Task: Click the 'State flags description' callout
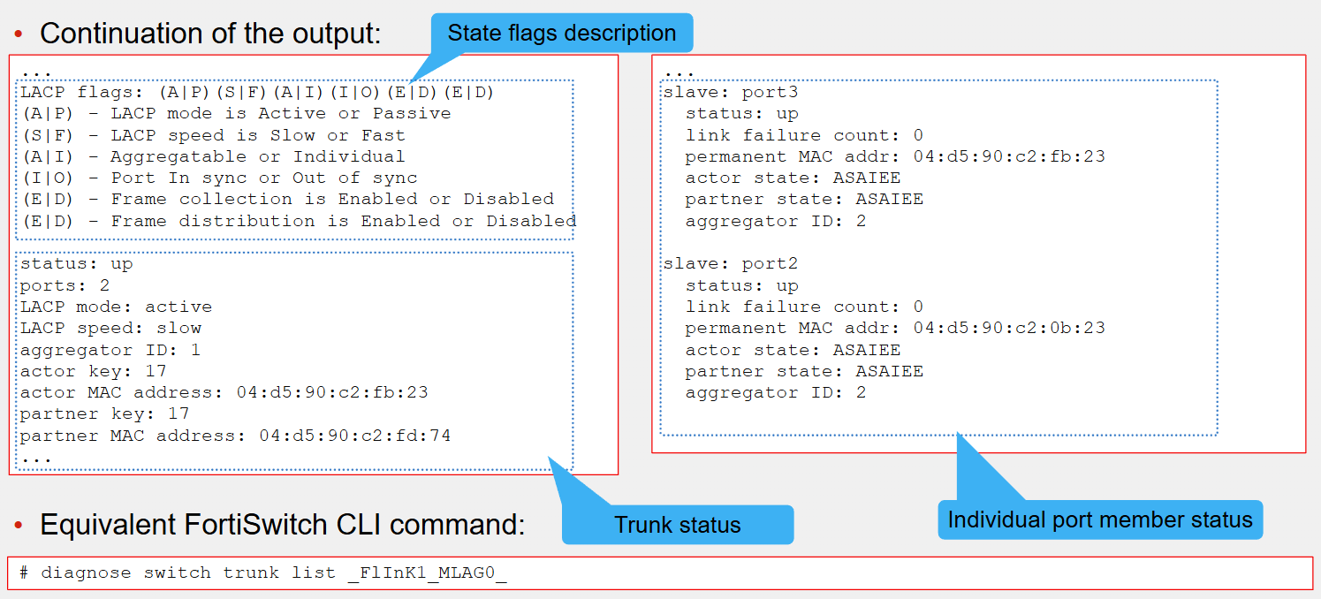click(562, 33)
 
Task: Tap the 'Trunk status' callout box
click(678, 524)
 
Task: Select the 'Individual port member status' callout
click(1100, 520)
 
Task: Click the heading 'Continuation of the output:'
click(210, 34)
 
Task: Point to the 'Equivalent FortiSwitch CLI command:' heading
click(283, 524)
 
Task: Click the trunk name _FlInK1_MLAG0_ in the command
click(427, 573)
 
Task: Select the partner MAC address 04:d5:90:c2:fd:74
click(355, 436)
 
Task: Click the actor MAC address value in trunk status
click(332, 392)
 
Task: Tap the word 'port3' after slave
click(770, 93)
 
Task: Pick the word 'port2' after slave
click(770, 264)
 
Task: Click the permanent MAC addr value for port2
click(1009, 328)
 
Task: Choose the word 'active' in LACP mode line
click(178, 307)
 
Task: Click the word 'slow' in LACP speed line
click(179, 328)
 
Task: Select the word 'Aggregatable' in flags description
click(178, 157)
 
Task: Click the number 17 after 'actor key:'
click(156, 371)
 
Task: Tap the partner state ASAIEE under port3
click(889, 200)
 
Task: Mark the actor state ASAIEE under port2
click(866, 350)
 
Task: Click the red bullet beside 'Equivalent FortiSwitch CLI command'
click(19, 525)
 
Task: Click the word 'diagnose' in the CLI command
click(86, 573)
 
